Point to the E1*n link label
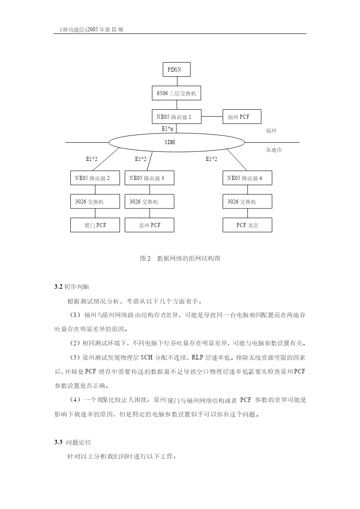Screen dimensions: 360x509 pyautogui.click(x=167, y=129)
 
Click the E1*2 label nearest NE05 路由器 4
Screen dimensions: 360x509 pyautogui.click(x=211, y=159)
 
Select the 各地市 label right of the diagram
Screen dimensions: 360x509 pyautogui.click(x=274, y=150)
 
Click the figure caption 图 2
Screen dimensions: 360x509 pyautogui.click(x=145, y=258)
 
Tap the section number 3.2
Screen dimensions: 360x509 pyautogui.click(x=58, y=286)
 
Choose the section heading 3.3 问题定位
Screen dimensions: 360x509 pyautogui.click(x=73, y=442)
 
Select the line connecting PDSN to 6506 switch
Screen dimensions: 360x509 pyautogui.click(x=176, y=81)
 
